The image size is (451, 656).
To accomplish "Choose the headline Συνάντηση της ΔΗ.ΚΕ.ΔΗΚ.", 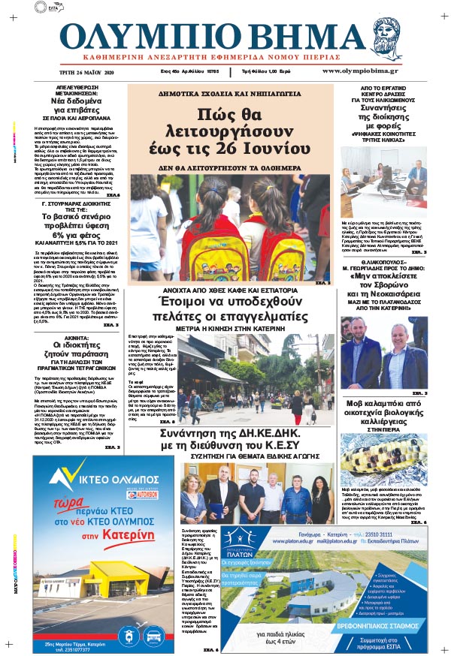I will (229, 437).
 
